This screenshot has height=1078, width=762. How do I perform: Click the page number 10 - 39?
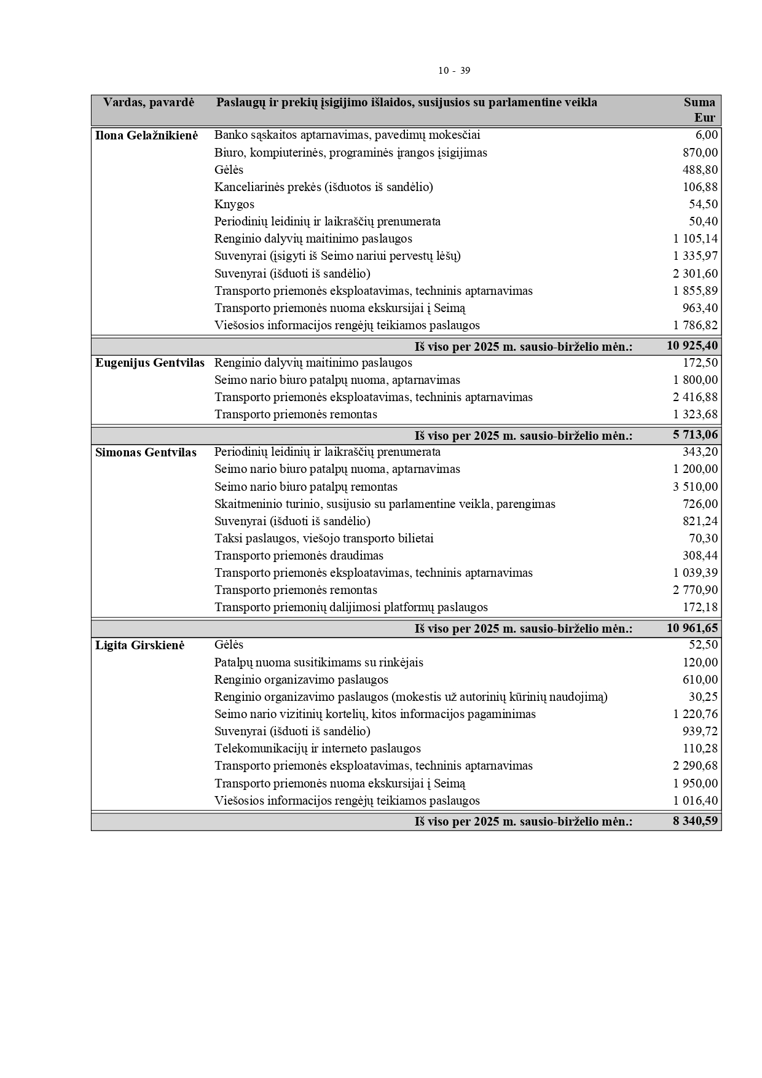coord(454,71)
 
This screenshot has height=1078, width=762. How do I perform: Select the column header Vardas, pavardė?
coord(148,103)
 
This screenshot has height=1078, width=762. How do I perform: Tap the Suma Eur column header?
coord(699,110)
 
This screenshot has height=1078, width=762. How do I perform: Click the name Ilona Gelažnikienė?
coord(147,136)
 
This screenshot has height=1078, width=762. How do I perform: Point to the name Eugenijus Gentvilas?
coord(150,363)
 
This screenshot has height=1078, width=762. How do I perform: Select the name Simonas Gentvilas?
coord(146,453)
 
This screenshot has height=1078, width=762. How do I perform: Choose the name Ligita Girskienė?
coord(139,646)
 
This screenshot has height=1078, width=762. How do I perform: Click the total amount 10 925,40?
coord(692,346)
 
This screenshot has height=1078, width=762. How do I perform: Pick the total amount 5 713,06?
coord(695,435)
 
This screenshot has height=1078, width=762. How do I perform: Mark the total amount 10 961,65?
coord(692,628)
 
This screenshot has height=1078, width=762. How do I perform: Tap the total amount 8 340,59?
coord(695,821)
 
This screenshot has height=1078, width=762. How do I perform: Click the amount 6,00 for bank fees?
coord(707,135)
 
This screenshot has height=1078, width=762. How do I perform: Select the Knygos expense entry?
coord(234,205)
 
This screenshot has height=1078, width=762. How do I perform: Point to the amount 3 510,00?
coord(695,487)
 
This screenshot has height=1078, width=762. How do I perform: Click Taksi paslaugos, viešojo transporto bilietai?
coord(324,539)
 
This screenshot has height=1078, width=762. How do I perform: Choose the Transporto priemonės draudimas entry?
coord(299,556)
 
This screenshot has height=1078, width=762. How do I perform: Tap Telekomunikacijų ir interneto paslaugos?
coord(318,749)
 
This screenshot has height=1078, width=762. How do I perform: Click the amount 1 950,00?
coord(695,784)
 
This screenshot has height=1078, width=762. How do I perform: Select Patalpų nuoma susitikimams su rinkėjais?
coord(318,663)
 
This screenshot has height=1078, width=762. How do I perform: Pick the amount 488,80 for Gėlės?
coord(700,170)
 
